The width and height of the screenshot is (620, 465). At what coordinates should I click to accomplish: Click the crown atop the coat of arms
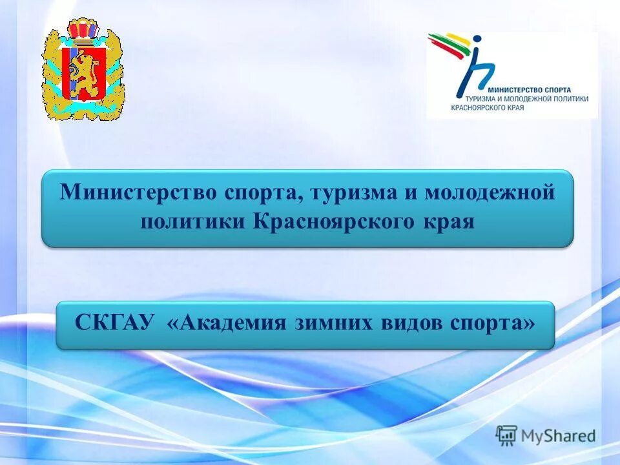83,30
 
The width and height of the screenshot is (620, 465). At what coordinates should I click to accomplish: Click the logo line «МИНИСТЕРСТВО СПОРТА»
530,90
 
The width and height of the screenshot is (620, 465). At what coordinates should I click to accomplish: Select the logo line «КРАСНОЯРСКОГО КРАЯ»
488,107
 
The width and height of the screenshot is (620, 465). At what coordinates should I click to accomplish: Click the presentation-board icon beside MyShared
507,436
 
